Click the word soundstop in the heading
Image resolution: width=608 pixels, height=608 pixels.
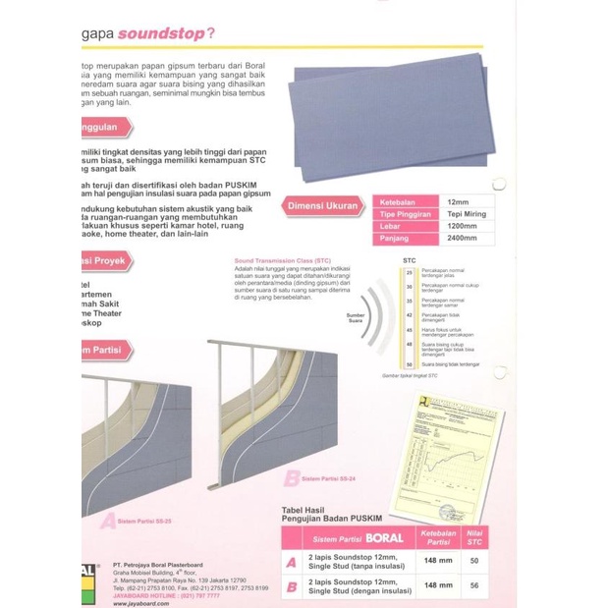pos(160,34)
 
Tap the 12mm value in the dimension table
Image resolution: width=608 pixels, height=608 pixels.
pos(457,202)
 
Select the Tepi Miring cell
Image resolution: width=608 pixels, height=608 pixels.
pos(467,214)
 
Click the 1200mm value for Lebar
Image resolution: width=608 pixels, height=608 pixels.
pos(461,226)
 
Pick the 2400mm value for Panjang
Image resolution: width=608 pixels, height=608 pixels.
pos(461,238)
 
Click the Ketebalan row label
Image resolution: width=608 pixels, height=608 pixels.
pos(396,202)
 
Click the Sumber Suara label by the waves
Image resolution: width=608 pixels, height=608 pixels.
pos(356,317)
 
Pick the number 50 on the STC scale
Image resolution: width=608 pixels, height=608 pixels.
pos(409,365)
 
